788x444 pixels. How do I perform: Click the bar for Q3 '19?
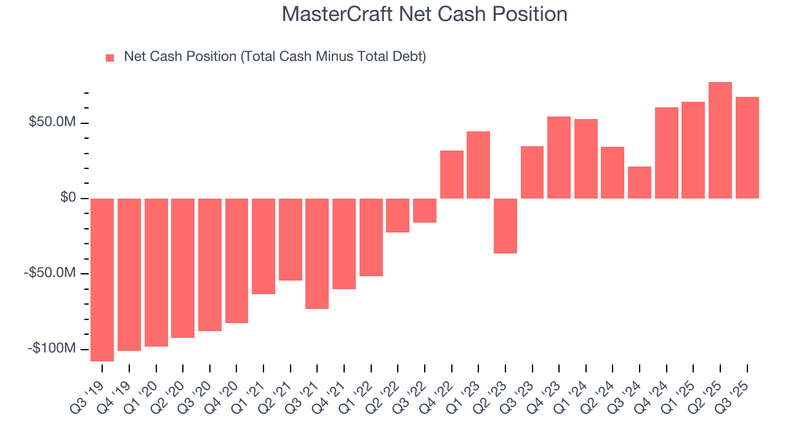click(102, 279)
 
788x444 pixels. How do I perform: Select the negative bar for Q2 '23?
click(505, 226)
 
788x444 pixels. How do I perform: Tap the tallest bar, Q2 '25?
click(720, 140)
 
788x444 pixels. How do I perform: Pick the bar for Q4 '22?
click(452, 175)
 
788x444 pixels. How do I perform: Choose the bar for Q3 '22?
click(425, 210)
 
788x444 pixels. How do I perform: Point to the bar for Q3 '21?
click(317, 253)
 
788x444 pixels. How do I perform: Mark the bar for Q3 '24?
click(640, 183)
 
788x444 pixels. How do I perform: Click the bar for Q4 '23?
click(559, 157)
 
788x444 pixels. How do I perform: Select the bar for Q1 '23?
click(478, 165)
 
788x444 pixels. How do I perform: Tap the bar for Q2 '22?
click(398, 215)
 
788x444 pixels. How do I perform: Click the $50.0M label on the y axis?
click(52, 123)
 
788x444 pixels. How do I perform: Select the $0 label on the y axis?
click(68, 198)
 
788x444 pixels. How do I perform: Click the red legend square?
click(110, 58)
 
